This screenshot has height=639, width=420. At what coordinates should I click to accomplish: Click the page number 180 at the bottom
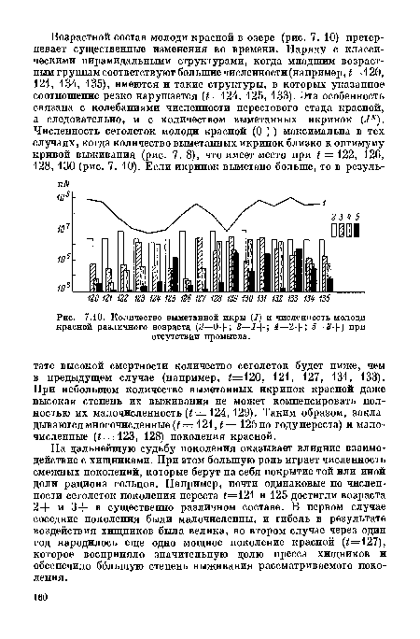pyautogui.click(x=42, y=621)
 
